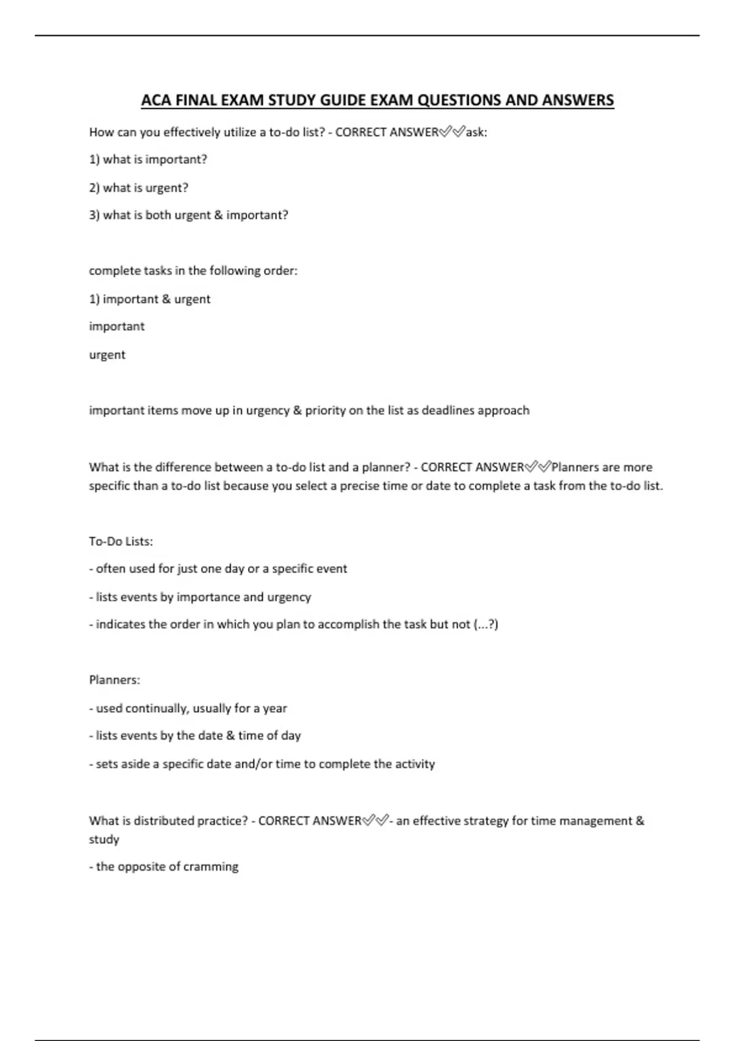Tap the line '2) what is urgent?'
coord(138,188)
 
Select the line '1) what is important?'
coord(148,160)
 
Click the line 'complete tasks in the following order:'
coord(193,271)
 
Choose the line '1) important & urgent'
coord(149,299)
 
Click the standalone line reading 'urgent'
coord(107,355)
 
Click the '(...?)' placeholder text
coord(486,625)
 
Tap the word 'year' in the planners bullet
coord(274,708)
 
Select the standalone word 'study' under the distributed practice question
coord(104,840)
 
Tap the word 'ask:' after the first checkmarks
coord(477,132)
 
